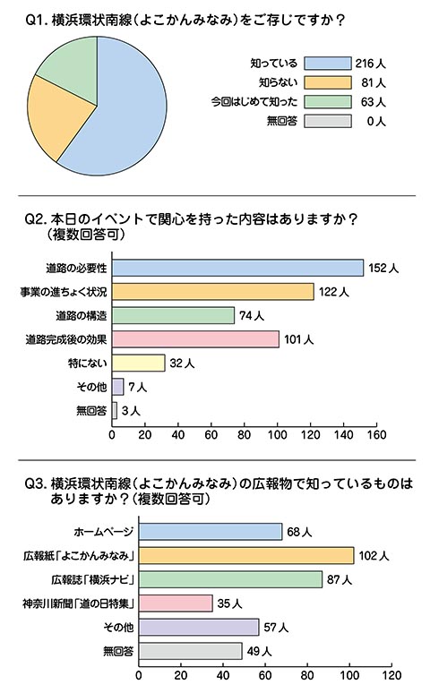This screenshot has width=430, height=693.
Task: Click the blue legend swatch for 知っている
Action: point(327,64)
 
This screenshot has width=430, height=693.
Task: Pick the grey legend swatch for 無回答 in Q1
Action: point(327,121)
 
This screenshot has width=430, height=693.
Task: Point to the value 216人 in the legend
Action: point(370,64)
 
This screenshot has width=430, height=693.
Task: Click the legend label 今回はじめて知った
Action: point(254,102)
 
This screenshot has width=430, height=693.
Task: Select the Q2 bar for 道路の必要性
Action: point(238,268)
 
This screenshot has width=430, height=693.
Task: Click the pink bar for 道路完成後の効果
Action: point(195,339)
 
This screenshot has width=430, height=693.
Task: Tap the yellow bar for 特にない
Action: point(139,364)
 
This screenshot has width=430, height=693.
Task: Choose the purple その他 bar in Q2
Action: point(117,387)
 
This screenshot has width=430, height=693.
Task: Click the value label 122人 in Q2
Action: point(333,292)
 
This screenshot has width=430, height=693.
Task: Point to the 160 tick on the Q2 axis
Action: point(376,435)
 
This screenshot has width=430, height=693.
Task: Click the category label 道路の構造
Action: point(82,315)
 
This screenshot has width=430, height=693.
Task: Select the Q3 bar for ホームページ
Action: point(211,532)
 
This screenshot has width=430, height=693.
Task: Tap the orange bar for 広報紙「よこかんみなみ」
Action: point(246,555)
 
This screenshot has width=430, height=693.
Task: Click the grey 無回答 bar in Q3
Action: point(191,651)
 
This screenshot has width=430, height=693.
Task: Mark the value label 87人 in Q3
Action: point(340,580)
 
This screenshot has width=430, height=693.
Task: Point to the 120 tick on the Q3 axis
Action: point(392,675)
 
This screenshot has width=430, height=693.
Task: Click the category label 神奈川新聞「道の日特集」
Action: point(78,603)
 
